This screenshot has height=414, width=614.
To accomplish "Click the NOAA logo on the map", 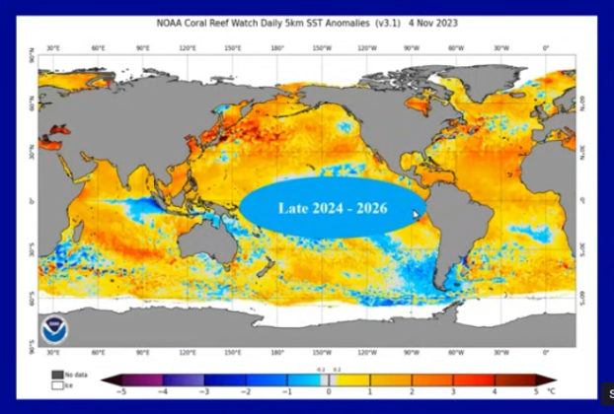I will pyautogui.click(x=52, y=329).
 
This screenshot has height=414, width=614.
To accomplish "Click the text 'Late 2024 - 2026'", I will pyautogui.click(x=332, y=208).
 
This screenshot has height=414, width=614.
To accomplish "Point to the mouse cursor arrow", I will pyautogui.click(x=417, y=214).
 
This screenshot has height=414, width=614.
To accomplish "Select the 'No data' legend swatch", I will pyautogui.click(x=57, y=375).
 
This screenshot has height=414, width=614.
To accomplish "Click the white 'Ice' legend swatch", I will pyautogui.click(x=57, y=384).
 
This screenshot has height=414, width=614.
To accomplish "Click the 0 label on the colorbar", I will pyautogui.click(x=329, y=392).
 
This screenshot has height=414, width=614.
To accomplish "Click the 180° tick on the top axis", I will pyautogui.click(x=277, y=46).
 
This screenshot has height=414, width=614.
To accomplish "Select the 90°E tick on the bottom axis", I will pyautogui.click(x=143, y=352).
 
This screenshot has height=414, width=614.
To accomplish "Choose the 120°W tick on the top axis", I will pyautogui.click(x=366, y=46).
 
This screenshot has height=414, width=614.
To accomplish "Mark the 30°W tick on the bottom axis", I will pyautogui.click(x=500, y=352).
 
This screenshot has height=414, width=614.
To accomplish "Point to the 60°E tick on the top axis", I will pyautogui.click(x=99, y=46).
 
